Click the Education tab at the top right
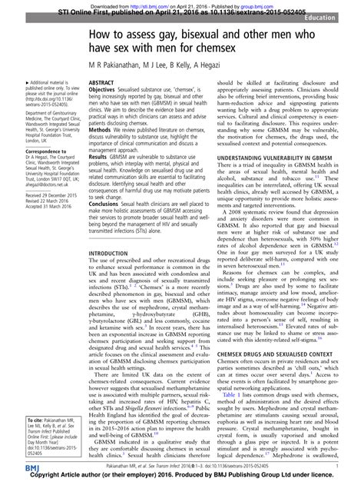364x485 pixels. [x=338, y=15]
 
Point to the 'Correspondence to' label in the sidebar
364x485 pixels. [x=28, y=151]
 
